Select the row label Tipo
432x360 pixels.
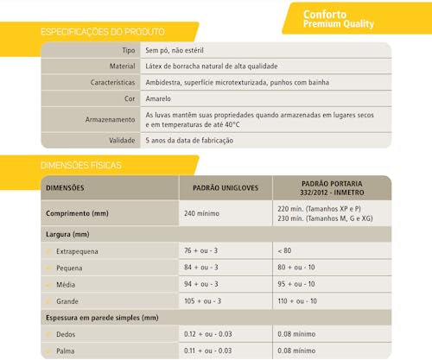(x=128, y=51)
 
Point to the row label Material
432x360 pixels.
(x=120, y=66)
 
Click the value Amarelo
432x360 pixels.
(x=161, y=99)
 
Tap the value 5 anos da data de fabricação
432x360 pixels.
(x=190, y=140)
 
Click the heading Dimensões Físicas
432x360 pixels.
(x=81, y=164)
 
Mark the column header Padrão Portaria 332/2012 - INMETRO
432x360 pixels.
(x=332, y=187)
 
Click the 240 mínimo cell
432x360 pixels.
(x=203, y=212)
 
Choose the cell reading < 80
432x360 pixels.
(x=286, y=250)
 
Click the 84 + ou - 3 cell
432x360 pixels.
(x=201, y=267)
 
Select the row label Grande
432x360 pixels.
(x=69, y=300)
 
